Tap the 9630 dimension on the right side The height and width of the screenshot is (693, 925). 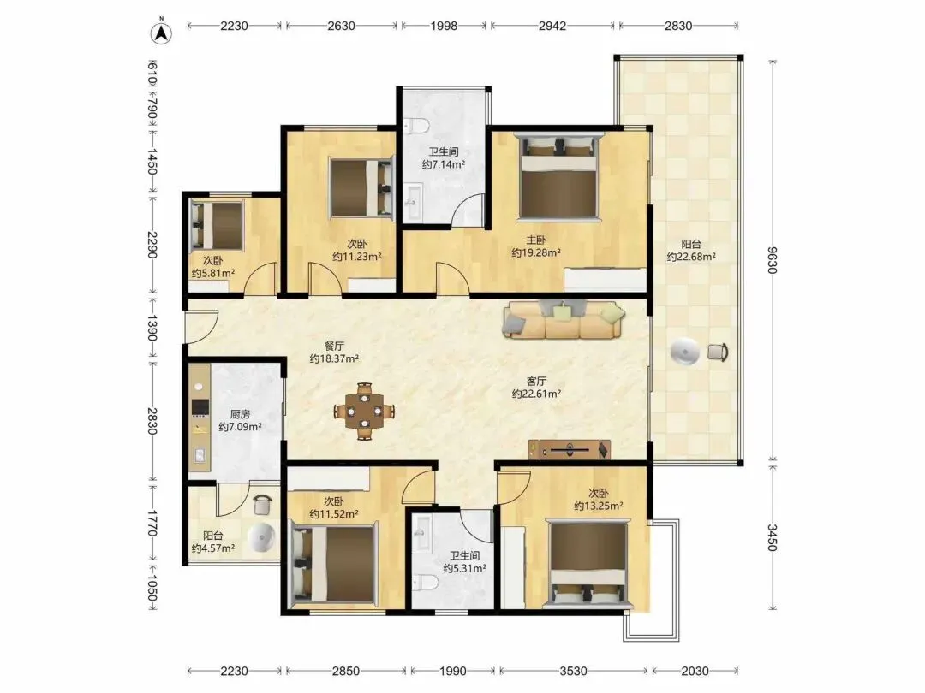pos(773,260)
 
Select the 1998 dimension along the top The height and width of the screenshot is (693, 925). pos(444,26)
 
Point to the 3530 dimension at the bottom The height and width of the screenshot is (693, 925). pos(573,671)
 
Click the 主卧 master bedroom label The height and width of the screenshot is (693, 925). pos(536,240)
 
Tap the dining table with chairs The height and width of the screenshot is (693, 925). pos(364,411)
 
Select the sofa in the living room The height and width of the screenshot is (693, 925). pos(564,319)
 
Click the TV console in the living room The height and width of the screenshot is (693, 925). pos(570,450)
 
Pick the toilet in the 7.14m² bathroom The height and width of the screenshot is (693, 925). pos(416,126)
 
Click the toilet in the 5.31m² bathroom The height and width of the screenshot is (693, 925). pos(426,583)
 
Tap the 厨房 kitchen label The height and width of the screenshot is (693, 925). pos(240,414)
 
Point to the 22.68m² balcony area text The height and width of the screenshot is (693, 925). pos(691,257)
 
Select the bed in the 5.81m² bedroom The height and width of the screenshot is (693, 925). pos(217,225)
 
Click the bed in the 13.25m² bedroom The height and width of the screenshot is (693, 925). pos(588,563)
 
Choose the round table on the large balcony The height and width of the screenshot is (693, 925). pos(685,352)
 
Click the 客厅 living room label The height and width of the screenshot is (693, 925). pos(536,381)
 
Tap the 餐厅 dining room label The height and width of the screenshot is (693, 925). pos(334,346)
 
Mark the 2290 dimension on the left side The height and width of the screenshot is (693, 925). pos(152,245)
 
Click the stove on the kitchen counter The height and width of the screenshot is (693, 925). pos(200,407)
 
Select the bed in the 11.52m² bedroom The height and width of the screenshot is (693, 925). pos(335,564)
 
